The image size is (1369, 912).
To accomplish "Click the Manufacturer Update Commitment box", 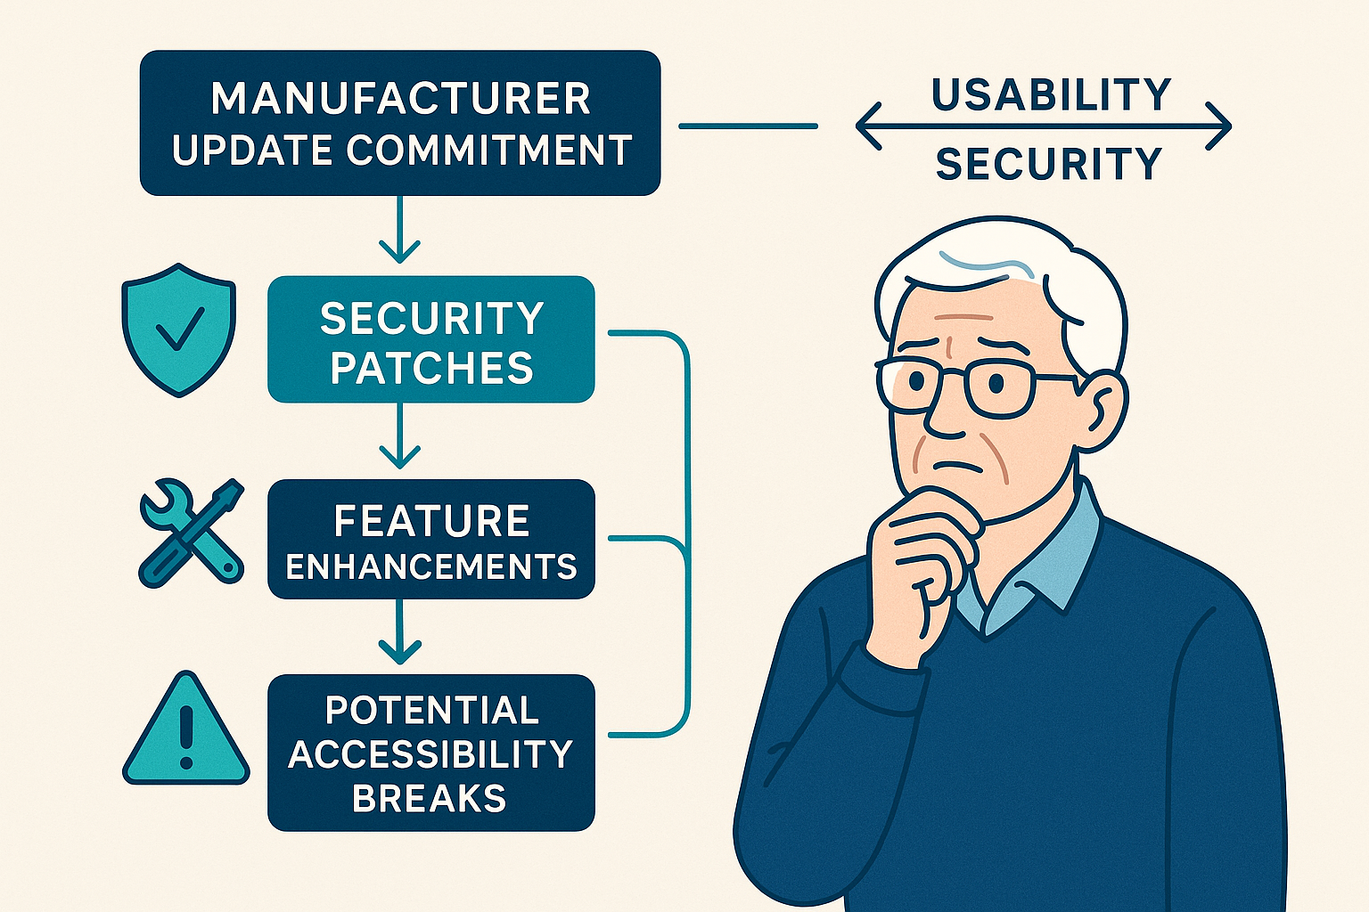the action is click(400, 123).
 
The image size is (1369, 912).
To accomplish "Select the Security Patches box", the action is click(430, 339).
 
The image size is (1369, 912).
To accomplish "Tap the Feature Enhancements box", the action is click(430, 540).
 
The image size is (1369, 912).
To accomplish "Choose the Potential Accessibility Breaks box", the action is click(430, 753).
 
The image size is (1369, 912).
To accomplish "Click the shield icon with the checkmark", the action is click(178, 330).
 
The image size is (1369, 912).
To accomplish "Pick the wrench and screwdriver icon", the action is click(192, 533).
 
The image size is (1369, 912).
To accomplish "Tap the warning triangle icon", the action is click(185, 729).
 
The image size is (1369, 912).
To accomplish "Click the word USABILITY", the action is click(1051, 94).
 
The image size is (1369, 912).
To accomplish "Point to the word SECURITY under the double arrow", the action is click(1049, 164).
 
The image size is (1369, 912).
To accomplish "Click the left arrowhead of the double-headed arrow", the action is click(868, 126).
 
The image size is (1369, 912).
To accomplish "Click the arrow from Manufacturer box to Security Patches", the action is click(399, 230).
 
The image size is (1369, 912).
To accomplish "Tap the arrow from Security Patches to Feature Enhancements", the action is click(399, 436).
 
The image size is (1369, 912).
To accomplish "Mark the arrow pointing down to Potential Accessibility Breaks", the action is click(399, 631).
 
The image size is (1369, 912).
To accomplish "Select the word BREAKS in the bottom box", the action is click(429, 798).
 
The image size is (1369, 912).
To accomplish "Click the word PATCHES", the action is click(431, 368).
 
